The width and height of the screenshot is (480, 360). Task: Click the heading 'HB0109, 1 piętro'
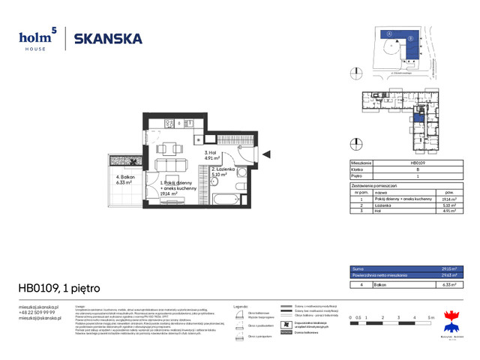pos(59,288)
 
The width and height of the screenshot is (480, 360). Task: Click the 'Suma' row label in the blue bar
pos(358,268)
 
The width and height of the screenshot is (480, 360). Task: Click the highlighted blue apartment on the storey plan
pos(420,117)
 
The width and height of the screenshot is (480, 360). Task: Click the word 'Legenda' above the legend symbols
pos(240,306)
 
